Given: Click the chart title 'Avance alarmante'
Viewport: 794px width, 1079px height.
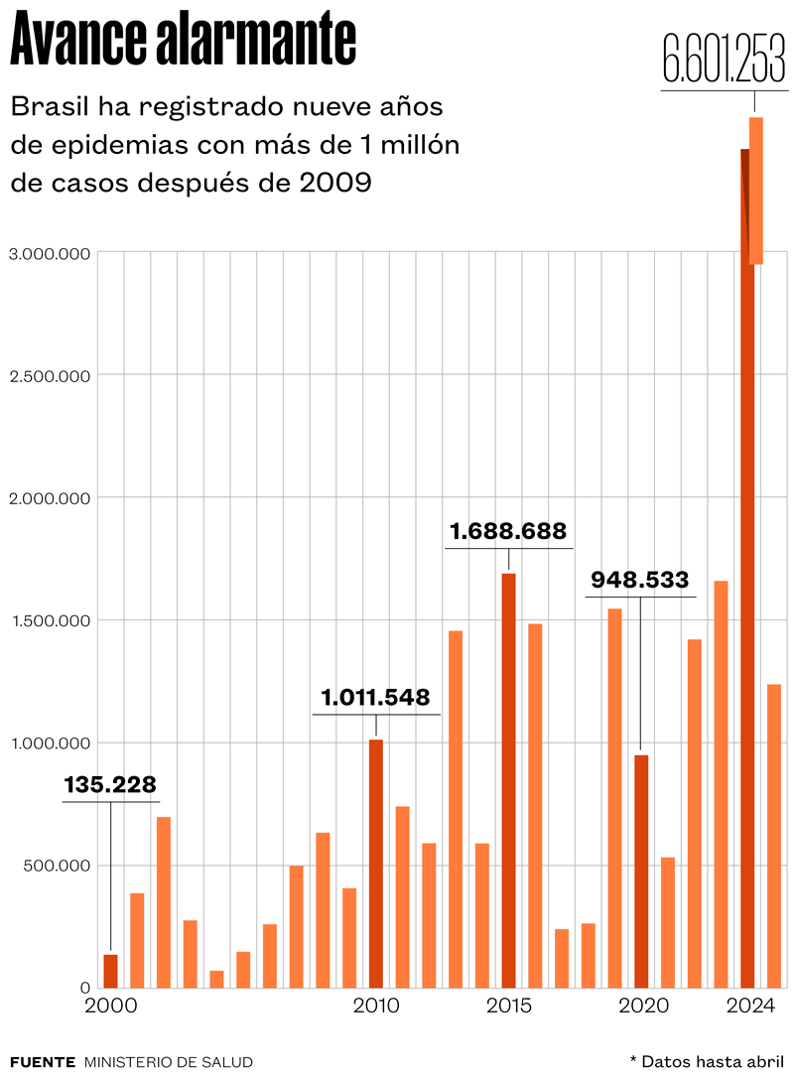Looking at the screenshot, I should point(183,41).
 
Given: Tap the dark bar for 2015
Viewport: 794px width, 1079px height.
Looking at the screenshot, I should point(508,780).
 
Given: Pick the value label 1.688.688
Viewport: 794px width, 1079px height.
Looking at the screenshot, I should point(508,531).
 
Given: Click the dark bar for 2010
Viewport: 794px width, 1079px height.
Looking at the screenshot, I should point(376,864).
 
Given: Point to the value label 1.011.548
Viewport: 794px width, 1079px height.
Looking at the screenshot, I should point(376,697).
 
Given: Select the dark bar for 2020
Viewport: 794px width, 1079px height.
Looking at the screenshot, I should point(641,871).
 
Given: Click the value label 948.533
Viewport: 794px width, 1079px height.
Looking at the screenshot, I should point(640,579).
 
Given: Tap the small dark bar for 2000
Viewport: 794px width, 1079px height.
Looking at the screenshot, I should point(110,971).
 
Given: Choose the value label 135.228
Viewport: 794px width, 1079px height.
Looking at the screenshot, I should point(110,785).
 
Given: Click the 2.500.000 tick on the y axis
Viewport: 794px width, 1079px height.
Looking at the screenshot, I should point(50,375).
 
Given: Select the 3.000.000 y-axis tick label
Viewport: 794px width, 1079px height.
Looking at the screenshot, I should point(50,253).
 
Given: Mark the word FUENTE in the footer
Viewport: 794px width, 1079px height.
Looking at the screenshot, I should point(42,1062).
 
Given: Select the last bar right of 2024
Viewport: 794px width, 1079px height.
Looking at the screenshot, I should point(774,835).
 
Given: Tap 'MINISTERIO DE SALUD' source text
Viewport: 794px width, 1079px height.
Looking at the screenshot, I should point(169,1062).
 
